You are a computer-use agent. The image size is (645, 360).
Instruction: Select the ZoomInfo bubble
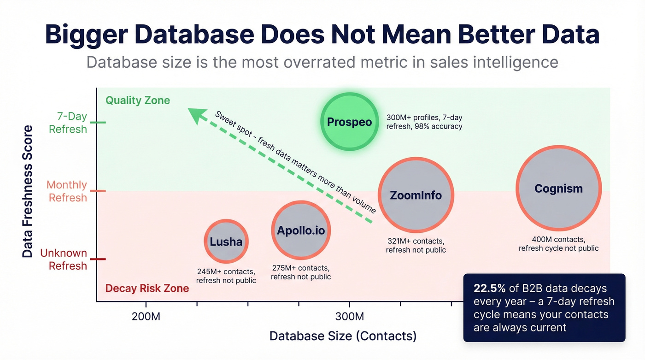click(416, 195)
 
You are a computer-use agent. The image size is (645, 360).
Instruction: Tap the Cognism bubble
click(558, 189)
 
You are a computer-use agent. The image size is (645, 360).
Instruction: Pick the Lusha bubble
click(226, 242)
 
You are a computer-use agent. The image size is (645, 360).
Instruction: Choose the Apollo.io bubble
click(300, 230)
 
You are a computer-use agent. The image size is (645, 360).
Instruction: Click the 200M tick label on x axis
click(146, 317)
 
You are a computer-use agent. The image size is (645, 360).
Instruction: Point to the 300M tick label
click(349, 317)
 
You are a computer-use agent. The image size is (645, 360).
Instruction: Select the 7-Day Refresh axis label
click(68, 123)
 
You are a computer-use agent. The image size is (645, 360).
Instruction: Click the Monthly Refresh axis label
click(66, 191)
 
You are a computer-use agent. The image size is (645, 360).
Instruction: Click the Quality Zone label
click(138, 100)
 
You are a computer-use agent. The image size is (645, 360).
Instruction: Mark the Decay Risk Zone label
click(147, 289)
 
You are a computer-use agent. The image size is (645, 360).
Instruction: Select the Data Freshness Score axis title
click(28, 191)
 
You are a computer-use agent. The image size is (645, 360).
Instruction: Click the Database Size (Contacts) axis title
click(343, 336)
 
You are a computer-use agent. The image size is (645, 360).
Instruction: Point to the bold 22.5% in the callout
click(490, 289)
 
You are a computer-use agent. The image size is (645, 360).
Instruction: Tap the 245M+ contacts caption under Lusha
click(226, 271)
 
